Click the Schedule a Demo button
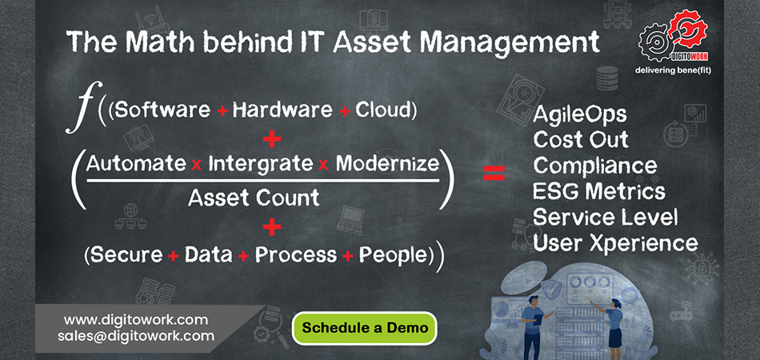tap(365, 328)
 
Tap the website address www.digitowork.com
tap(136, 320)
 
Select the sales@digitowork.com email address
tap(136, 336)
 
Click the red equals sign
tap(494, 173)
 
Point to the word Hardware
tap(282, 111)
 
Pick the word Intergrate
tap(260, 165)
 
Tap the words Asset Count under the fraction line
tap(254, 198)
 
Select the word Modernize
tap(387, 164)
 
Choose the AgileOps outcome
tap(580, 115)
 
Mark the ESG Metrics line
tap(598, 191)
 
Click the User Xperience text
tap(615, 243)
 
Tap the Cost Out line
tap(581, 140)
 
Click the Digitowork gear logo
tap(673, 38)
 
